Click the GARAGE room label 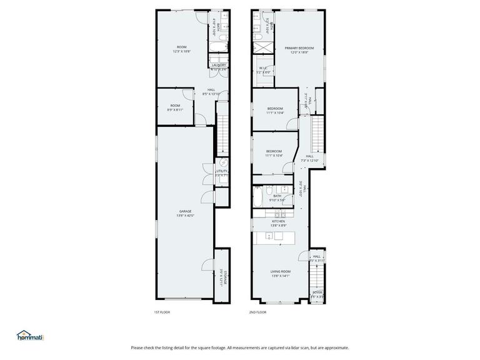click(186, 211)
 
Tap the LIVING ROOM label click(280, 271)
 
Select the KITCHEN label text click(278, 221)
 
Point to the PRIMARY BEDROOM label click(299, 48)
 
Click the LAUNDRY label click(219, 65)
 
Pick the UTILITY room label click(222, 171)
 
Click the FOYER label click(317, 292)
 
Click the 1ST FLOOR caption click(162, 312)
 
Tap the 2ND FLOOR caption click(257, 312)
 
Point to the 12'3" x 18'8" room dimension click(181, 52)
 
